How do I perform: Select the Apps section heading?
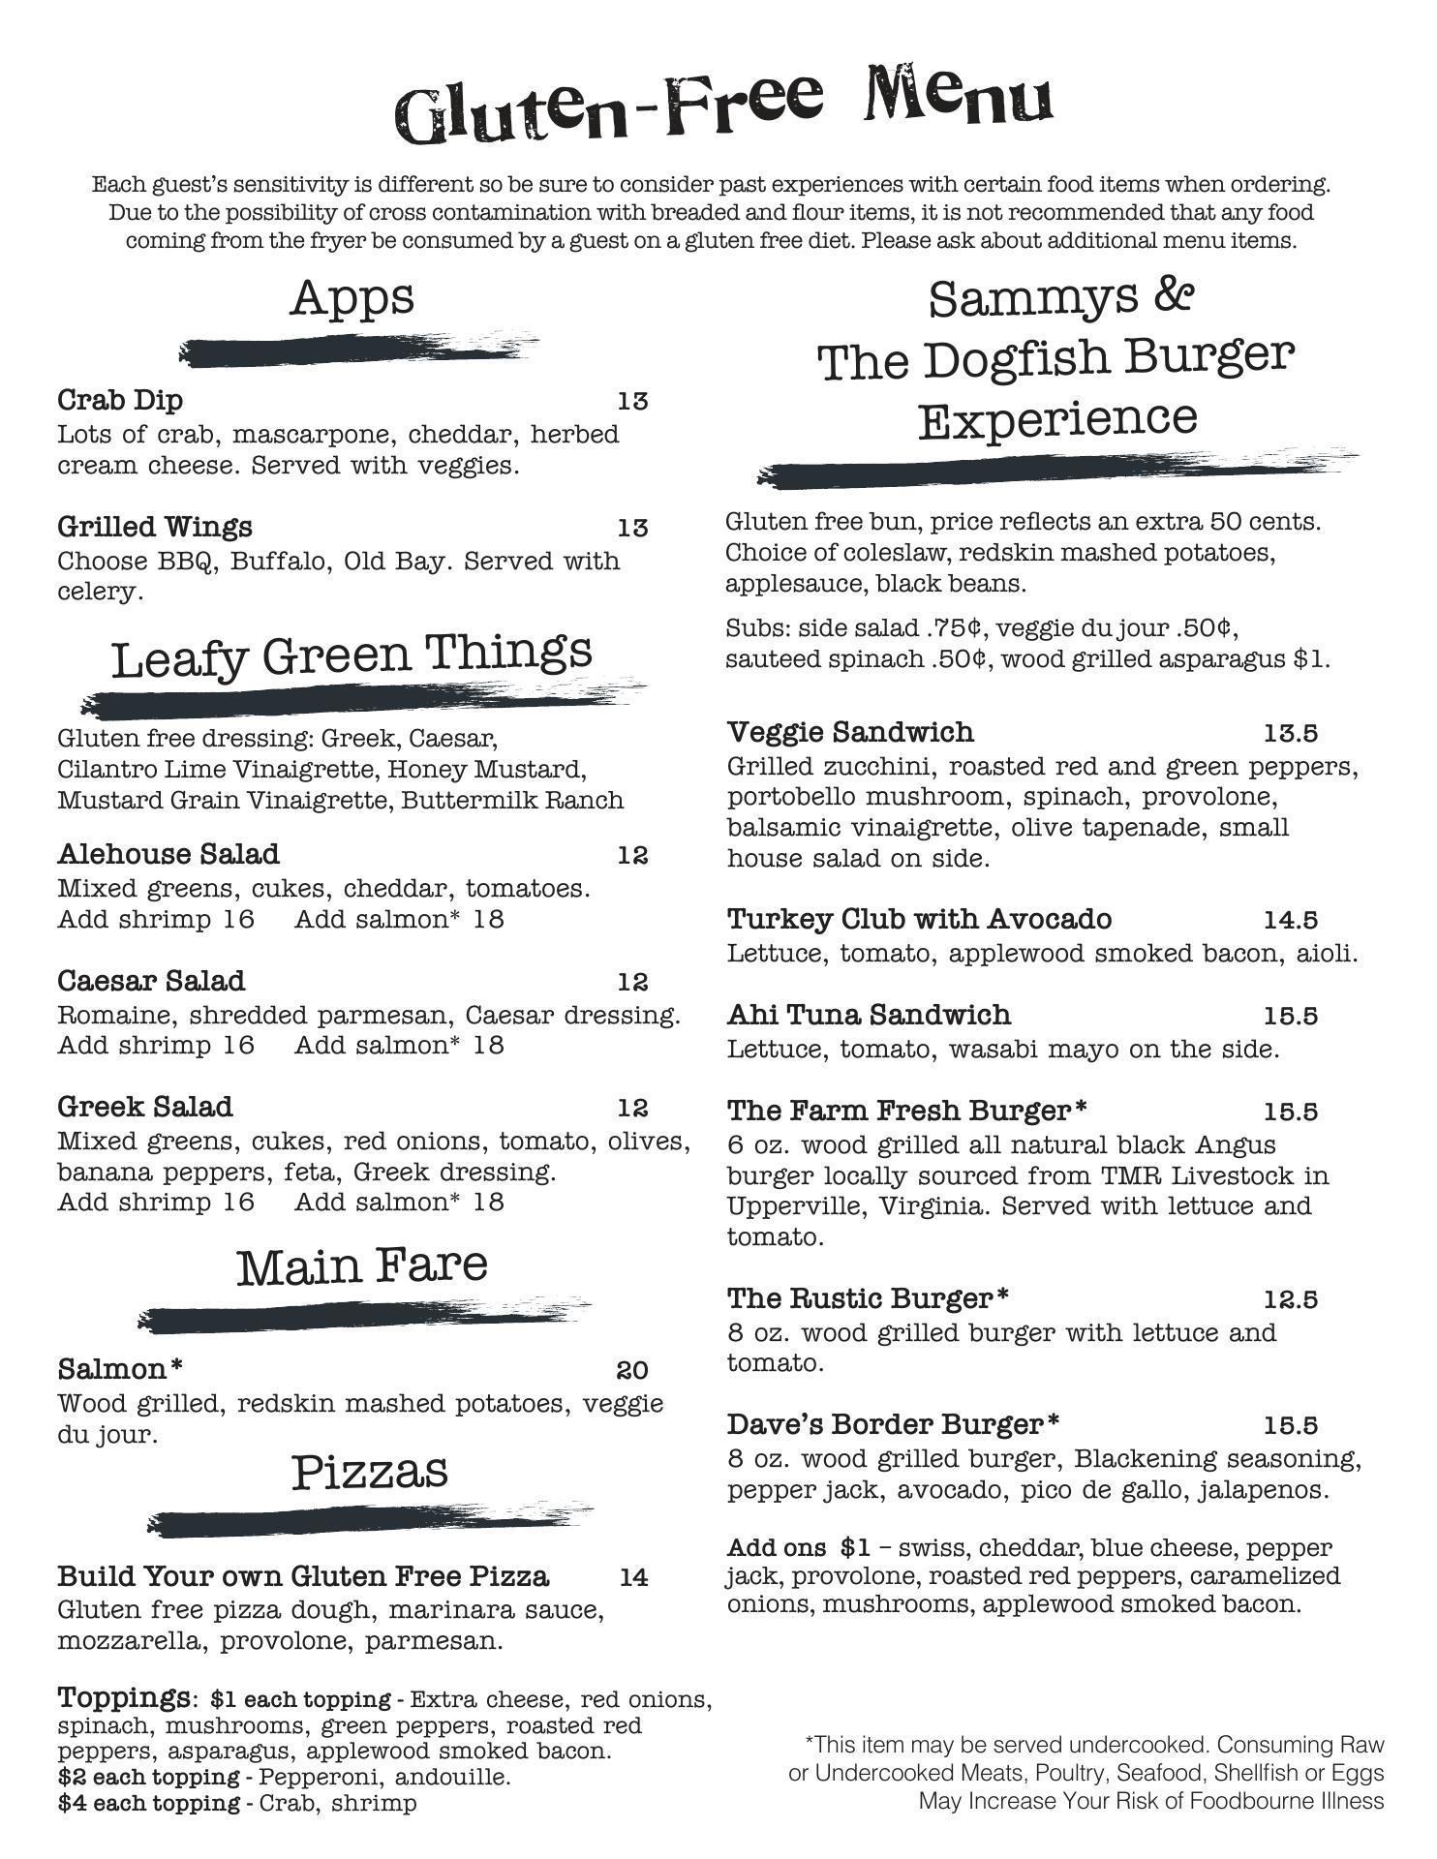click(x=352, y=297)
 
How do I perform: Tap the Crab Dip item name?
click(x=120, y=400)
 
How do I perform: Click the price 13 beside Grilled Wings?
click(x=632, y=528)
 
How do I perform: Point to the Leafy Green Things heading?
click(x=352, y=655)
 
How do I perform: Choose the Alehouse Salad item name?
click(x=168, y=854)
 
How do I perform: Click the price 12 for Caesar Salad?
click(x=632, y=982)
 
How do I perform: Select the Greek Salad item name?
click(x=145, y=1107)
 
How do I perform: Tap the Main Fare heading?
click(x=361, y=1266)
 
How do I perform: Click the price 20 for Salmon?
click(x=632, y=1370)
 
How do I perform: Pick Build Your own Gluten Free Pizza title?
click(x=303, y=1576)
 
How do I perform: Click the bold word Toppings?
click(x=123, y=1697)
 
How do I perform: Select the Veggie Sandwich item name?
click(x=850, y=732)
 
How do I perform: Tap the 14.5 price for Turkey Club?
click(x=1290, y=920)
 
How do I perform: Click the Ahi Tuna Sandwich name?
click(x=869, y=1015)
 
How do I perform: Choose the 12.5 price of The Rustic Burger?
click(x=1290, y=1299)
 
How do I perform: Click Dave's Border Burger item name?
click(x=893, y=1424)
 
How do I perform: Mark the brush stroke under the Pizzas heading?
click(x=368, y=1523)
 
